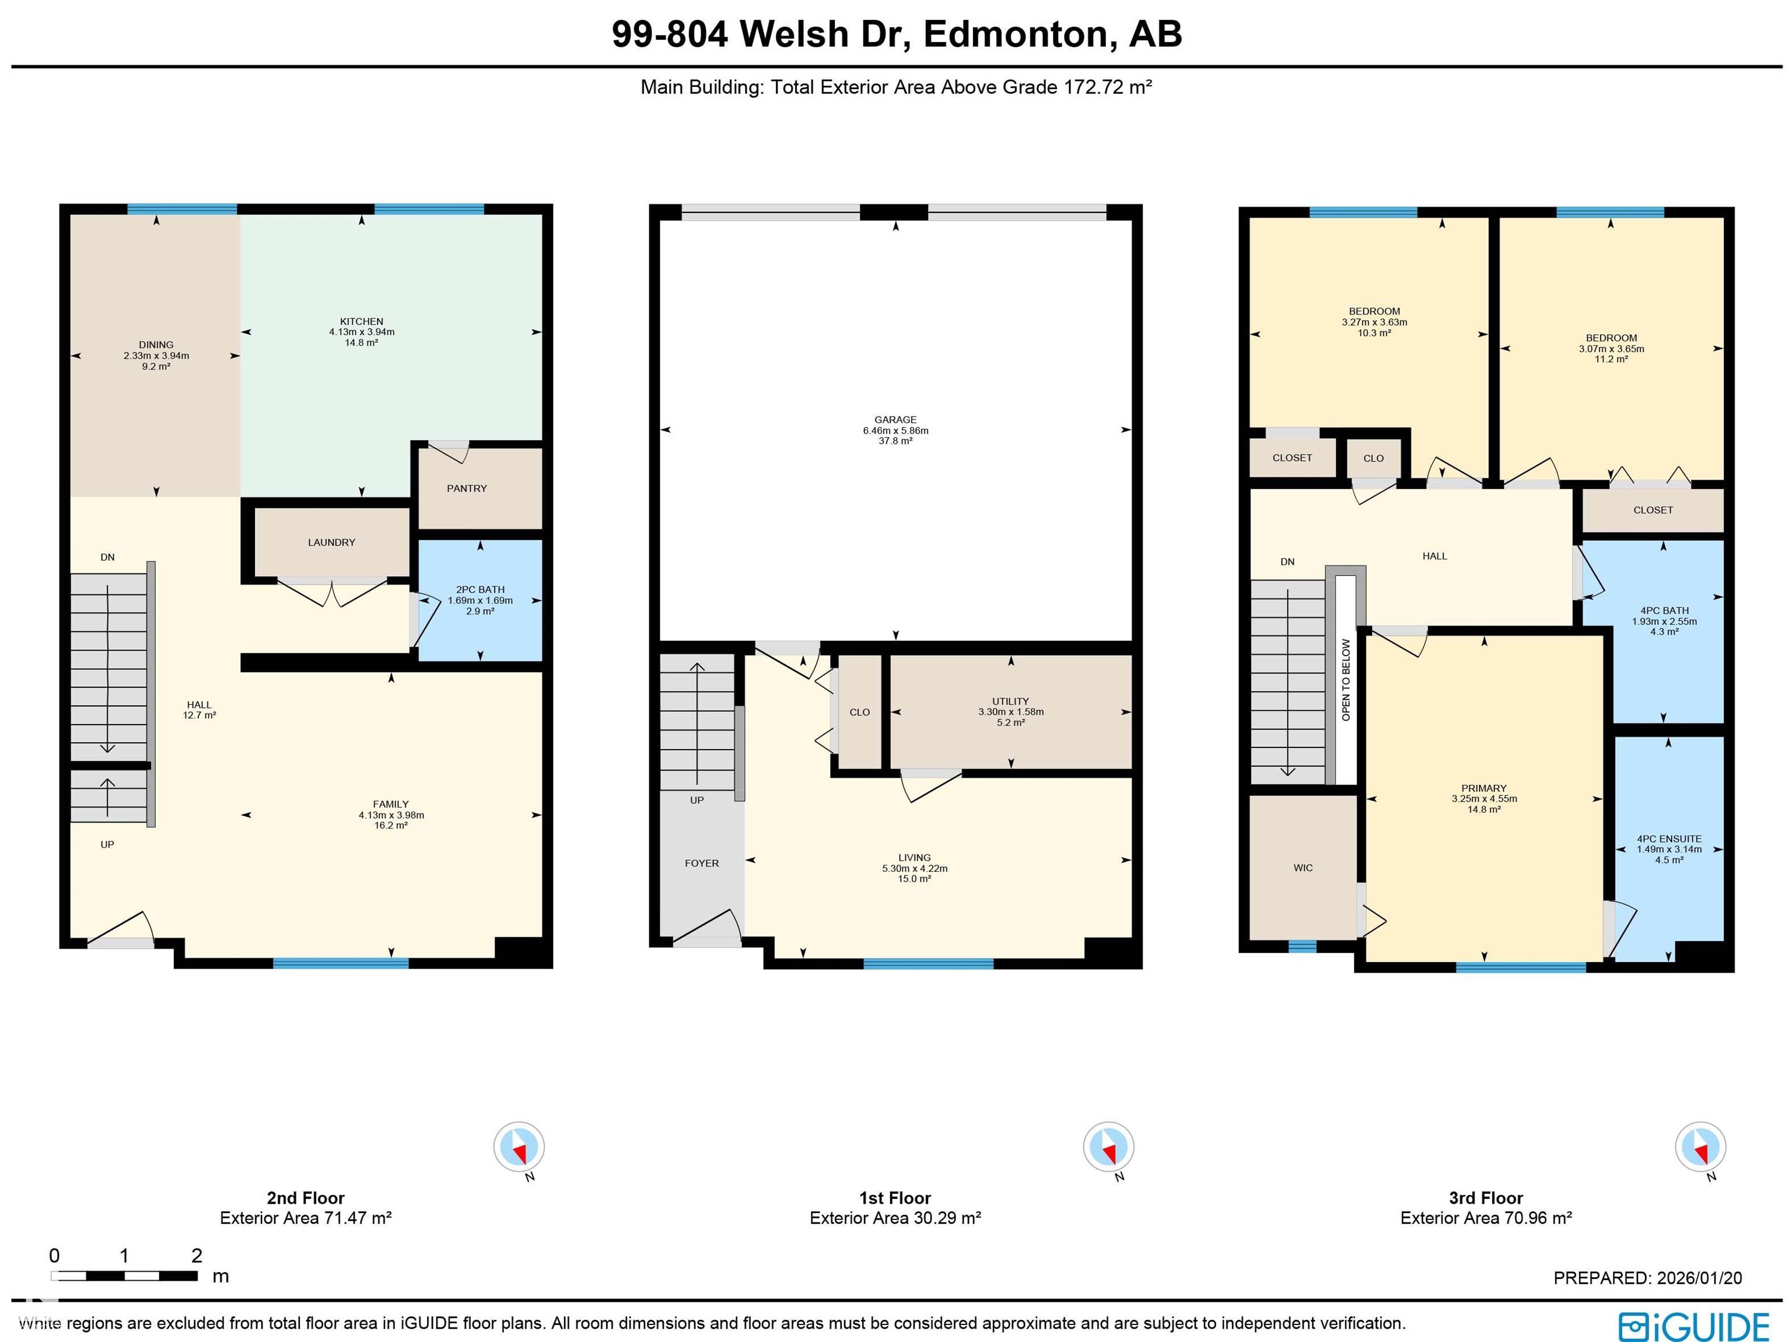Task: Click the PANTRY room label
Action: click(x=467, y=489)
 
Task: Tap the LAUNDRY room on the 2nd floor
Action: click(x=331, y=542)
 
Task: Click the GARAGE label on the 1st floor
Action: click(x=895, y=420)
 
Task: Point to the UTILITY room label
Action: click(x=1010, y=701)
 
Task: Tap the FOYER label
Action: click(x=702, y=863)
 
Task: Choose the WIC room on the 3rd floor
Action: click(x=1303, y=868)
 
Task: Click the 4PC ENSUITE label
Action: click(x=1669, y=839)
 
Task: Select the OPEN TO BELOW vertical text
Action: click(x=1346, y=679)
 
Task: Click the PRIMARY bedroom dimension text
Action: click(x=1484, y=798)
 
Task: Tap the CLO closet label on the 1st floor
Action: click(x=860, y=712)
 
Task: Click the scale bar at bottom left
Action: click(x=124, y=1275)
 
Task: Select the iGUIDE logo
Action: click(x=1693, y=1327)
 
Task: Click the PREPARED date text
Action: click(x=1647, y=1278)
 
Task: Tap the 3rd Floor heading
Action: click(x=1486, y=1198)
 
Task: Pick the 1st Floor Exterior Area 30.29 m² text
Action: click(x=895, y=1218)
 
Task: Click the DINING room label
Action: click(x=156, y=344)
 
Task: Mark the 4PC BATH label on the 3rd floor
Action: click(x=1664, y=611)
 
